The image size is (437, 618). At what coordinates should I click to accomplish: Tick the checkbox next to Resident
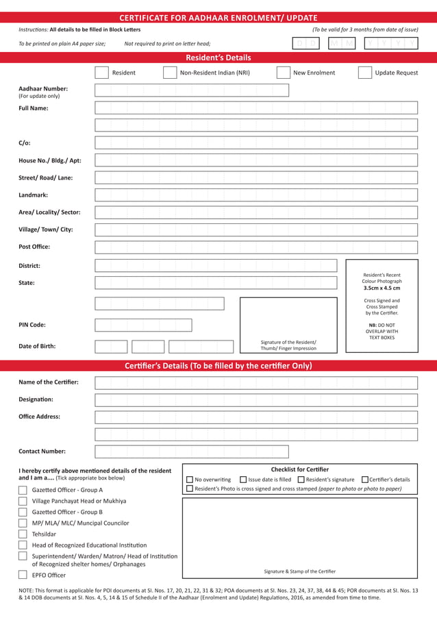coord(101,73)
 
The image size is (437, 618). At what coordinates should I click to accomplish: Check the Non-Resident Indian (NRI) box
coord(170,73)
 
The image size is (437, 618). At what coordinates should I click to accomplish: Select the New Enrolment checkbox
coord(283,73)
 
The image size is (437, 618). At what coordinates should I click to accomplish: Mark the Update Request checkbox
coord(364,73)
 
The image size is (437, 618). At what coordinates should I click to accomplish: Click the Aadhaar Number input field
coord(191,90)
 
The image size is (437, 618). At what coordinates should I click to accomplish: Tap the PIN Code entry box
coord(143,325)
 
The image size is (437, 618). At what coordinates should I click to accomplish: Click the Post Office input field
coord(255,247)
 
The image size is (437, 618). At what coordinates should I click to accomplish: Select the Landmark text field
coord(255,195)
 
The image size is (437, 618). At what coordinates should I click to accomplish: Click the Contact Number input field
coord(191,452)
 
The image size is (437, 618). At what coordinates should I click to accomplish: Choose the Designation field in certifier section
coord(255,400)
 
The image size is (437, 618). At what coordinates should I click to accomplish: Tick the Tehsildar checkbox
coord(23,534)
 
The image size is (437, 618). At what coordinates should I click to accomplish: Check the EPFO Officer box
coord(23,576)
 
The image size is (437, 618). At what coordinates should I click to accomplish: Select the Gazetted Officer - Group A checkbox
coord(23,491)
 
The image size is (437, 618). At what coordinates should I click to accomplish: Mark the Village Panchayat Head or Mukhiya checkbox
coord(23,502)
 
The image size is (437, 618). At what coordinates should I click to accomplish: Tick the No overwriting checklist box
coord(190,480)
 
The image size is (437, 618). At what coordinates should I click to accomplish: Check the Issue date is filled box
coord(243,480)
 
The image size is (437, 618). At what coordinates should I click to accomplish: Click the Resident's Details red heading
coord(218,58)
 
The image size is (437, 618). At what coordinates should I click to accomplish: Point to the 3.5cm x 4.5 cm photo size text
coord(382,288)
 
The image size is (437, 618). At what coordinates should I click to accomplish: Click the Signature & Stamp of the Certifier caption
coord(300,571)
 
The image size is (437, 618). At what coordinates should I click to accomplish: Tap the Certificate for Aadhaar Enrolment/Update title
coord(218,18)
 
